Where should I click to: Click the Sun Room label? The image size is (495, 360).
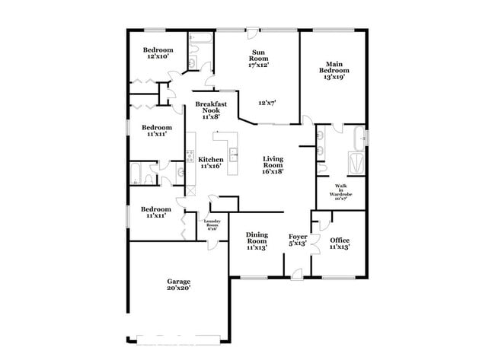tap(260, 59)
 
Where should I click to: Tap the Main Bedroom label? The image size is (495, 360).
tap(335, 71)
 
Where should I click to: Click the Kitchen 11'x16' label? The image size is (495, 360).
tap(211, 162)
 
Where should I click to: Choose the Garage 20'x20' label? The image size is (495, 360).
tap(179, 285)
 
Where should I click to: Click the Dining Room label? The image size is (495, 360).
tap(256, 241)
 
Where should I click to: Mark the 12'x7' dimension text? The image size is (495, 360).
tap(267, 103)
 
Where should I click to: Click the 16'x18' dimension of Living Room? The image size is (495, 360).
tap(273, 171)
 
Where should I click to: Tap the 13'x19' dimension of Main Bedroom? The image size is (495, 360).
tap(335, 77)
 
